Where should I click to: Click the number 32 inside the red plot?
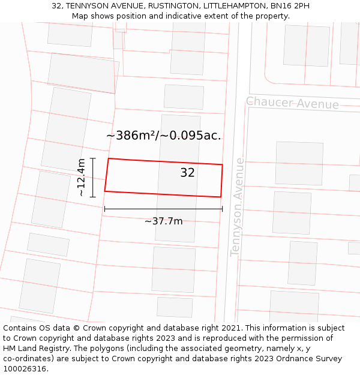coord(187,173)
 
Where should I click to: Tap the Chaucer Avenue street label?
coord(292,103)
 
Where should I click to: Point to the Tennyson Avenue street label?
coord(238,206)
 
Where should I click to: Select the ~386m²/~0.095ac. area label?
coord(163,136)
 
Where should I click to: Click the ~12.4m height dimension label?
coord(82,178)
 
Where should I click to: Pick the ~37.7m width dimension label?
coord(163,221)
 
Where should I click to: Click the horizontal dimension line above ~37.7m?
coord(163,209)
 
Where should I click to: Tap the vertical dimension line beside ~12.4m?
coord(93,178)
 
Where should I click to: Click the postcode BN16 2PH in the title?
coord(290,6)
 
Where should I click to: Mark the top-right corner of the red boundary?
coord(223,164)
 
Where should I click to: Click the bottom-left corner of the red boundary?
coord(105,191)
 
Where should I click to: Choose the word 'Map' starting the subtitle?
coord(80,16)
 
